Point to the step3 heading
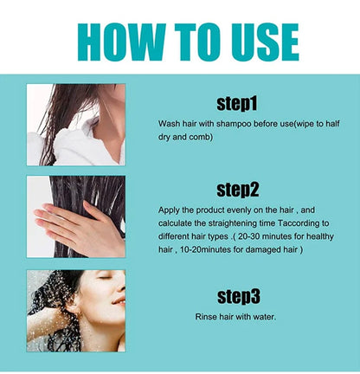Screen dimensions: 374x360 coord(235,297)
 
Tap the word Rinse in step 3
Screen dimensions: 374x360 coord(170,317)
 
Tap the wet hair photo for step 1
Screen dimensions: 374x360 coord(75,125)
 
